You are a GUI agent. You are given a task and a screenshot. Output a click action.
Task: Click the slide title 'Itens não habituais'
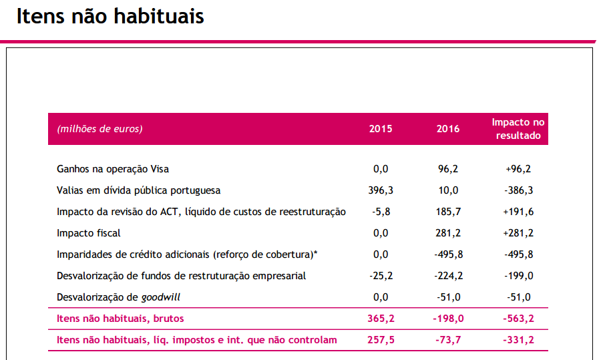click(x=110, y=17)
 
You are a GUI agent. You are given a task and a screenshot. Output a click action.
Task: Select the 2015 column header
click(x=381, y=129)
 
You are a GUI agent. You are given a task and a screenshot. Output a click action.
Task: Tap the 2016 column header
click(x=448, y=129)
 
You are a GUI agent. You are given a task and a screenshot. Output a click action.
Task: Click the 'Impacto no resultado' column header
click(x=518, y=129)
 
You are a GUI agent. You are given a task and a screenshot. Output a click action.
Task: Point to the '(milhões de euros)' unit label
click(x=100, y=129)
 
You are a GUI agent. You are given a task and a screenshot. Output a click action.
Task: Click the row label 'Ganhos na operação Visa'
click(x=118, y=169)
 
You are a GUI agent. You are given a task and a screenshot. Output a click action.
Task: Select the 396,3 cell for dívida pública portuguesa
click(x=381, y=190)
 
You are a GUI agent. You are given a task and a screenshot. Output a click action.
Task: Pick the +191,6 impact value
click(x=518, y=212)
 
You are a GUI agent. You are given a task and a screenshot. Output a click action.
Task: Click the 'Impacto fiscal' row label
click(x=89, y=233)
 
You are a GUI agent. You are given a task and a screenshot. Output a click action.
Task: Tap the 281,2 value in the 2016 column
click(x=448, y=233)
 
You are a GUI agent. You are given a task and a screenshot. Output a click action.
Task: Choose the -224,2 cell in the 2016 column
click(x=448, y=276)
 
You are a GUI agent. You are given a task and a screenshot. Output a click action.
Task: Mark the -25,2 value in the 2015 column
click(x=381, y=276)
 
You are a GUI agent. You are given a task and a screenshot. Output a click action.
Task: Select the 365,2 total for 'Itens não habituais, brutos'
click(x=381, y=319)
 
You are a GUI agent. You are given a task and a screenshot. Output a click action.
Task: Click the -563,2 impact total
click(x=518, y=319)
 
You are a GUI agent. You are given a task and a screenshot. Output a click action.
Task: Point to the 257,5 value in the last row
click(x=381, y=340)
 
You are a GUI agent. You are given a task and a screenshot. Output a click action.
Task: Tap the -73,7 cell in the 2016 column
click(x=448, y=340)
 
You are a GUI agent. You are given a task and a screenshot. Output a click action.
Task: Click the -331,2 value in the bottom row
click(x=518, y=340)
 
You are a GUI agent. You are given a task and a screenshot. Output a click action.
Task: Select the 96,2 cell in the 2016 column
click(x=448, y=169)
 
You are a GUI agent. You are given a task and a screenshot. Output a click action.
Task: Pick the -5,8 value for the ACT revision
click(x=381, y=212)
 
